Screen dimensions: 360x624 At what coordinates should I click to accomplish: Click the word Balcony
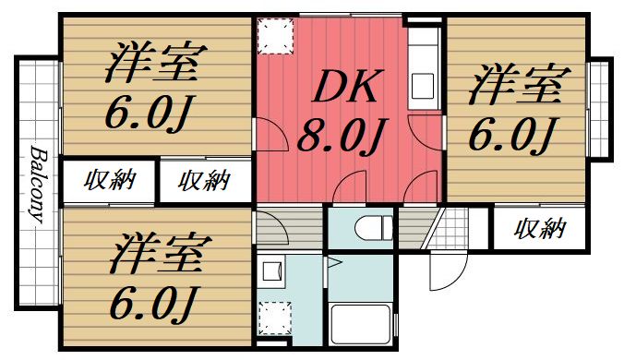coord(38,185)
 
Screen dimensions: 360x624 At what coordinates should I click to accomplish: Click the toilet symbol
coord(369,227)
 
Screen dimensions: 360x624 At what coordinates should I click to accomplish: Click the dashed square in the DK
coord(273,37)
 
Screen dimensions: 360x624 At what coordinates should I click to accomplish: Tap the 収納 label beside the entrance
coord(539,227)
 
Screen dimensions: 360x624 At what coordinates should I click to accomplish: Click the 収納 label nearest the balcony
coord(108,179)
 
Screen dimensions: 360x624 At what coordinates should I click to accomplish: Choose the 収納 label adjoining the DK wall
coord(203,179)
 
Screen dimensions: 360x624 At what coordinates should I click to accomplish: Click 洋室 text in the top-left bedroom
coord(154,64)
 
